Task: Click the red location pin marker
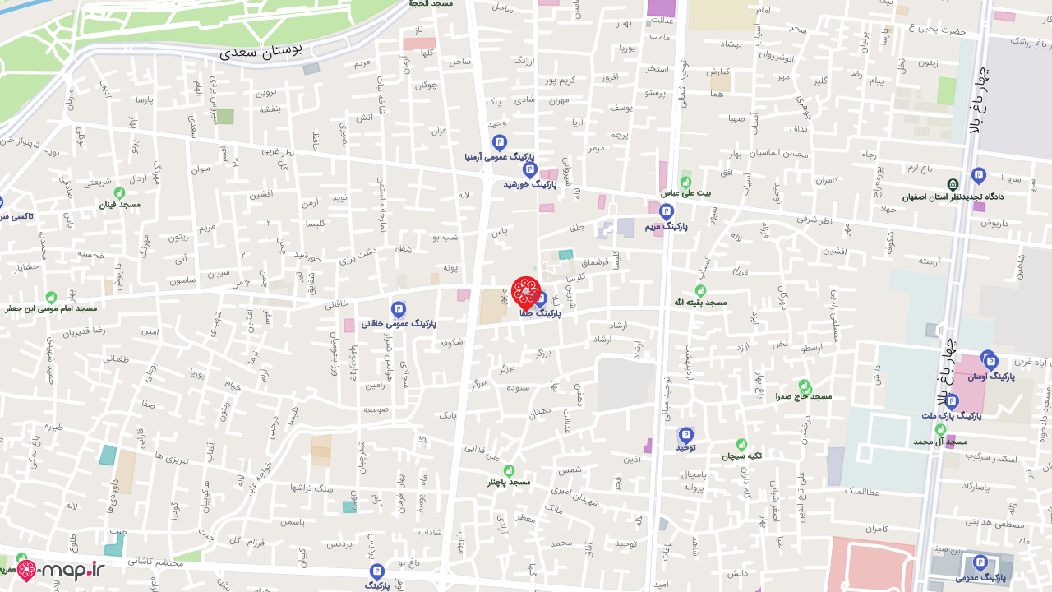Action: coord(526,293)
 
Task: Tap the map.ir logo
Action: coord(62,569)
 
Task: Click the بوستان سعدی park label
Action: coord(261,49)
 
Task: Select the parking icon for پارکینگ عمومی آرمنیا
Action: coord(499,142)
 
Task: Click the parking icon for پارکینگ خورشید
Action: coord(529,170)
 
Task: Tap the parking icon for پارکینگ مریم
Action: coord(666,212)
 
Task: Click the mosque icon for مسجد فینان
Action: coord(119,192)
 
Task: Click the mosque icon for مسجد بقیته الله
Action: coord(700,290)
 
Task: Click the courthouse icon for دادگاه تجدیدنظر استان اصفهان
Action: coord(953,184)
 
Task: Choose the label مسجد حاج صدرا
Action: coord(803,396)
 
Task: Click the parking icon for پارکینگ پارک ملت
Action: coord(952,401)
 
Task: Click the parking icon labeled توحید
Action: coord(685,435)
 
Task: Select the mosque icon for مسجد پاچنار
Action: coord(508,470)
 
